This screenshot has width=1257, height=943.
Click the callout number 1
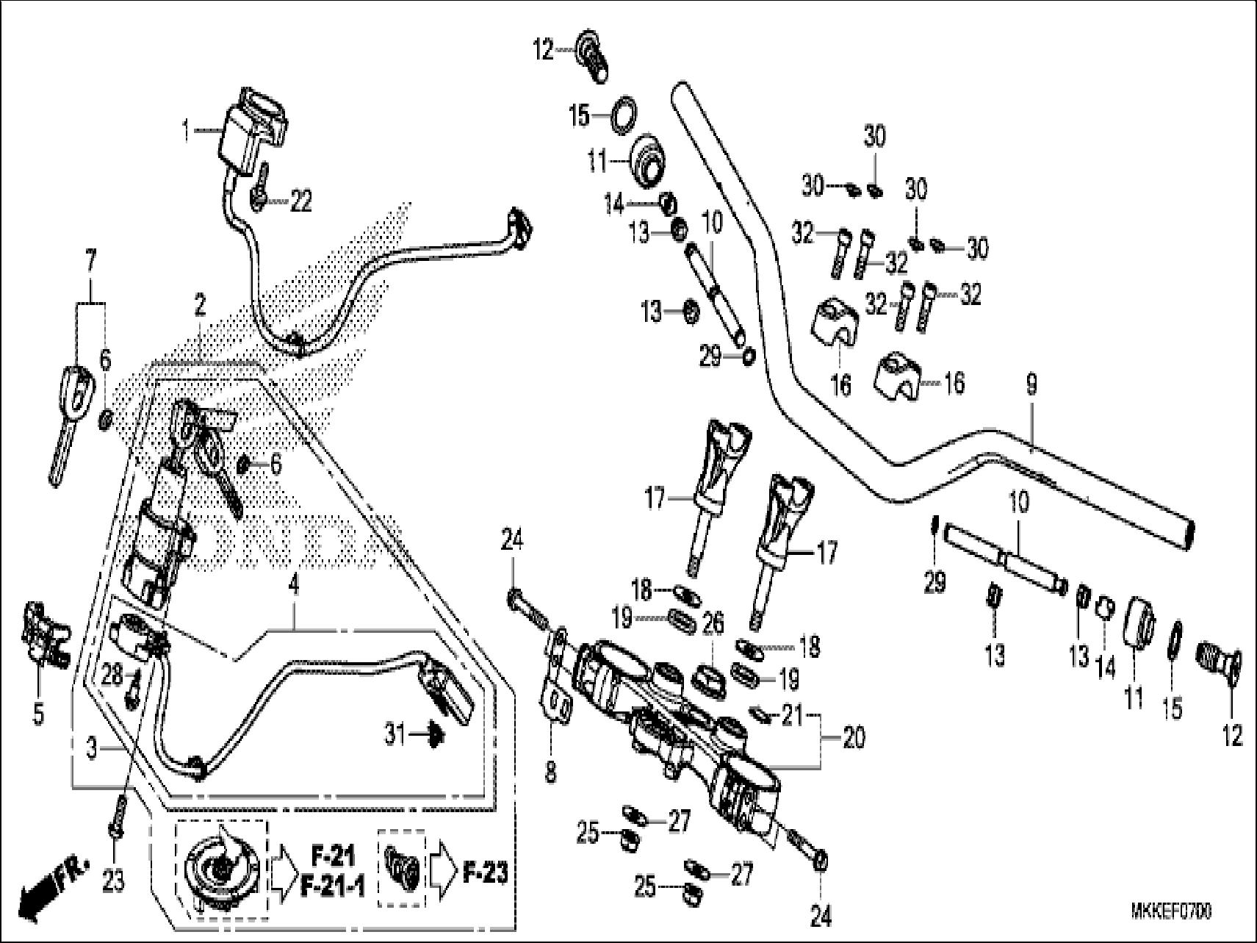tap(186, 132)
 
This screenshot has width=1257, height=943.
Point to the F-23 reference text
tap(486, 872)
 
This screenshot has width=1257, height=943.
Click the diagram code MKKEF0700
tap(1171, 912)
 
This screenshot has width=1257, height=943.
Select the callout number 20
tap(853, 738)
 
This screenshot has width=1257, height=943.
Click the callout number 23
tap(113, 881)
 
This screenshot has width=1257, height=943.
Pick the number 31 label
tap(395, 734)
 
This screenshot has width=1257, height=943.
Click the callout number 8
tap(551, 772)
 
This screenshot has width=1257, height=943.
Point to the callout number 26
tap(712, 623)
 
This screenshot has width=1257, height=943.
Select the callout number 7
tap(90, 261)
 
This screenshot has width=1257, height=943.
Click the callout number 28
tap(112, 676)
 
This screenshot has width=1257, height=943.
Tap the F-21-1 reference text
tap(332, 887)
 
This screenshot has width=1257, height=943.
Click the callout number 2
tap(200, 303)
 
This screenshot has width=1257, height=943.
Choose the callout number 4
tap(294, 586)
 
